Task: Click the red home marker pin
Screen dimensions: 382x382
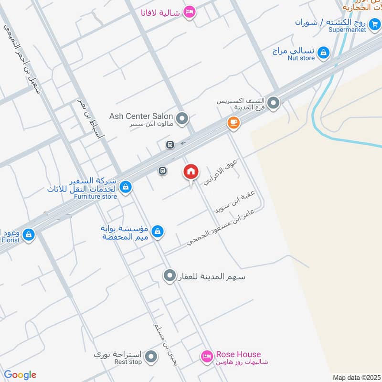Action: point(191,172)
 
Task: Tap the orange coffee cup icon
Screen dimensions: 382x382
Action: point(233,123)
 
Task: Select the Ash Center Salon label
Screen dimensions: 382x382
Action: point(141,116)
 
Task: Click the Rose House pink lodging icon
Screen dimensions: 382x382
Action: point(206,356)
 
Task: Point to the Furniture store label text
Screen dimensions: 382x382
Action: point(95,196)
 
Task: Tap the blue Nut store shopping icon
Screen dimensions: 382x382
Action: point(324,52)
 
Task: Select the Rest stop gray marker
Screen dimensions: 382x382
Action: point(151,356)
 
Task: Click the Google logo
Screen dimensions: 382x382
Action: point(20,375)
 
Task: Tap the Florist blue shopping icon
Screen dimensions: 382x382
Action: point(29,234)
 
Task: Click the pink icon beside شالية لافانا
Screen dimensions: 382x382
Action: point(190,12)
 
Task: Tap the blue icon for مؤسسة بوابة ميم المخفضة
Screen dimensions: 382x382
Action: point(158,233)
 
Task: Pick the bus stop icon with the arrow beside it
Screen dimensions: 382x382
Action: point(170,145)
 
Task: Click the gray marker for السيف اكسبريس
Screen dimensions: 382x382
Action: point(273,102)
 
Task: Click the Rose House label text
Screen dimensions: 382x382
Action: point(238,354)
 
